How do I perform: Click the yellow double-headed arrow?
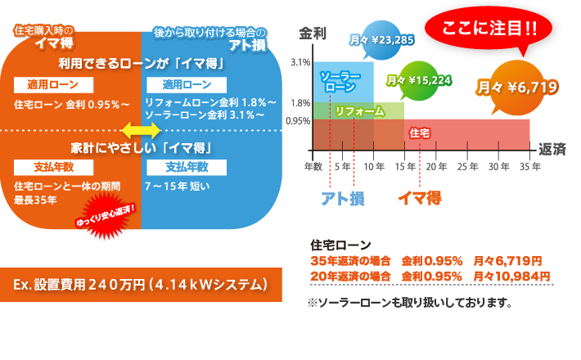coord(141,130)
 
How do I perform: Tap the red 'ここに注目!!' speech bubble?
coord(489,29)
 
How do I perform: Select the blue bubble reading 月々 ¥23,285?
coord(381,40)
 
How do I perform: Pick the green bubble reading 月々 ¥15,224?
coord(419,80)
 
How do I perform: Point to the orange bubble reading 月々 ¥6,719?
coord(517,88)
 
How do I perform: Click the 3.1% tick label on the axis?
coord(300,62)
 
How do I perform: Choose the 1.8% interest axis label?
coord(300,103)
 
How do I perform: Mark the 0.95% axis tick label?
coord(299,121)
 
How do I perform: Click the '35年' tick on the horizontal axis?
coord(530,167)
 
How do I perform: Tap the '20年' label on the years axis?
coord(436,167)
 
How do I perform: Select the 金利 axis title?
coord(313,34)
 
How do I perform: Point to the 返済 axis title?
coord(552,149)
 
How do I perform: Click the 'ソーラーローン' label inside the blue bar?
coord(340,82)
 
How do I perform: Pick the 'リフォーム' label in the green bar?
coord(359,111)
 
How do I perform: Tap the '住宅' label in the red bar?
coord(420,133)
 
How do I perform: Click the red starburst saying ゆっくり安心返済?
coord(106,215)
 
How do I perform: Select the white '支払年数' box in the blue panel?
coord(187,168)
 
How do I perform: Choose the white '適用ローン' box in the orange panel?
coord(53,85)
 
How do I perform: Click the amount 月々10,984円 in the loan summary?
coord(511,276)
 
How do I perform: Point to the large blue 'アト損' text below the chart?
coord(343,199)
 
